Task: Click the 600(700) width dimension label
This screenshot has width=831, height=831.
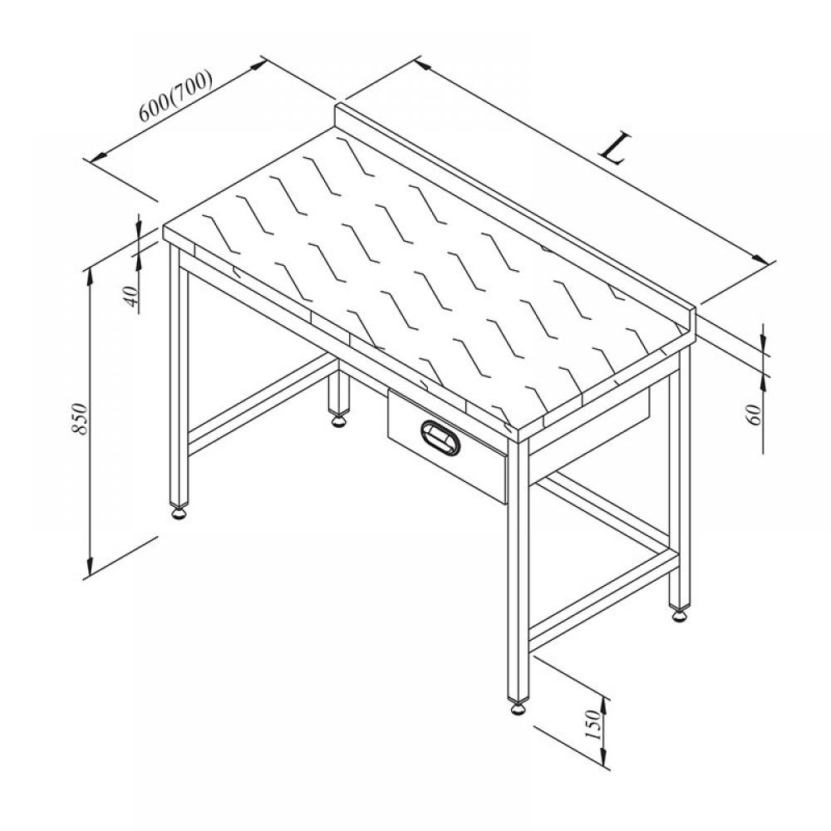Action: tap(175, 96)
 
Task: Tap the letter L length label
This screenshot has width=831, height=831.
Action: tap(615, 149)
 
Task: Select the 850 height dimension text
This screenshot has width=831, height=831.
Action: tap(78, 419)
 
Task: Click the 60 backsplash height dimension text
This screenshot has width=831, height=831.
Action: tap(754, 413)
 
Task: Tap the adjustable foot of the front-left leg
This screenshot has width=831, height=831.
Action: tap(178, 513)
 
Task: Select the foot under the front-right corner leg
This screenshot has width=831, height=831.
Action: tap(518, 707)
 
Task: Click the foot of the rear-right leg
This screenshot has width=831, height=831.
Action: tap(679, 615)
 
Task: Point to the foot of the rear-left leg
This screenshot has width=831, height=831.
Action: tap(338, 420)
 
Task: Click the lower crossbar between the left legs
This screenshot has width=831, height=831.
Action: tap(263, 406)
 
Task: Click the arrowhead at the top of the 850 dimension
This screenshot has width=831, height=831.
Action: tap(90, 277)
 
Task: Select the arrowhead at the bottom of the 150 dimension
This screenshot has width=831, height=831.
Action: tap(604, 755)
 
